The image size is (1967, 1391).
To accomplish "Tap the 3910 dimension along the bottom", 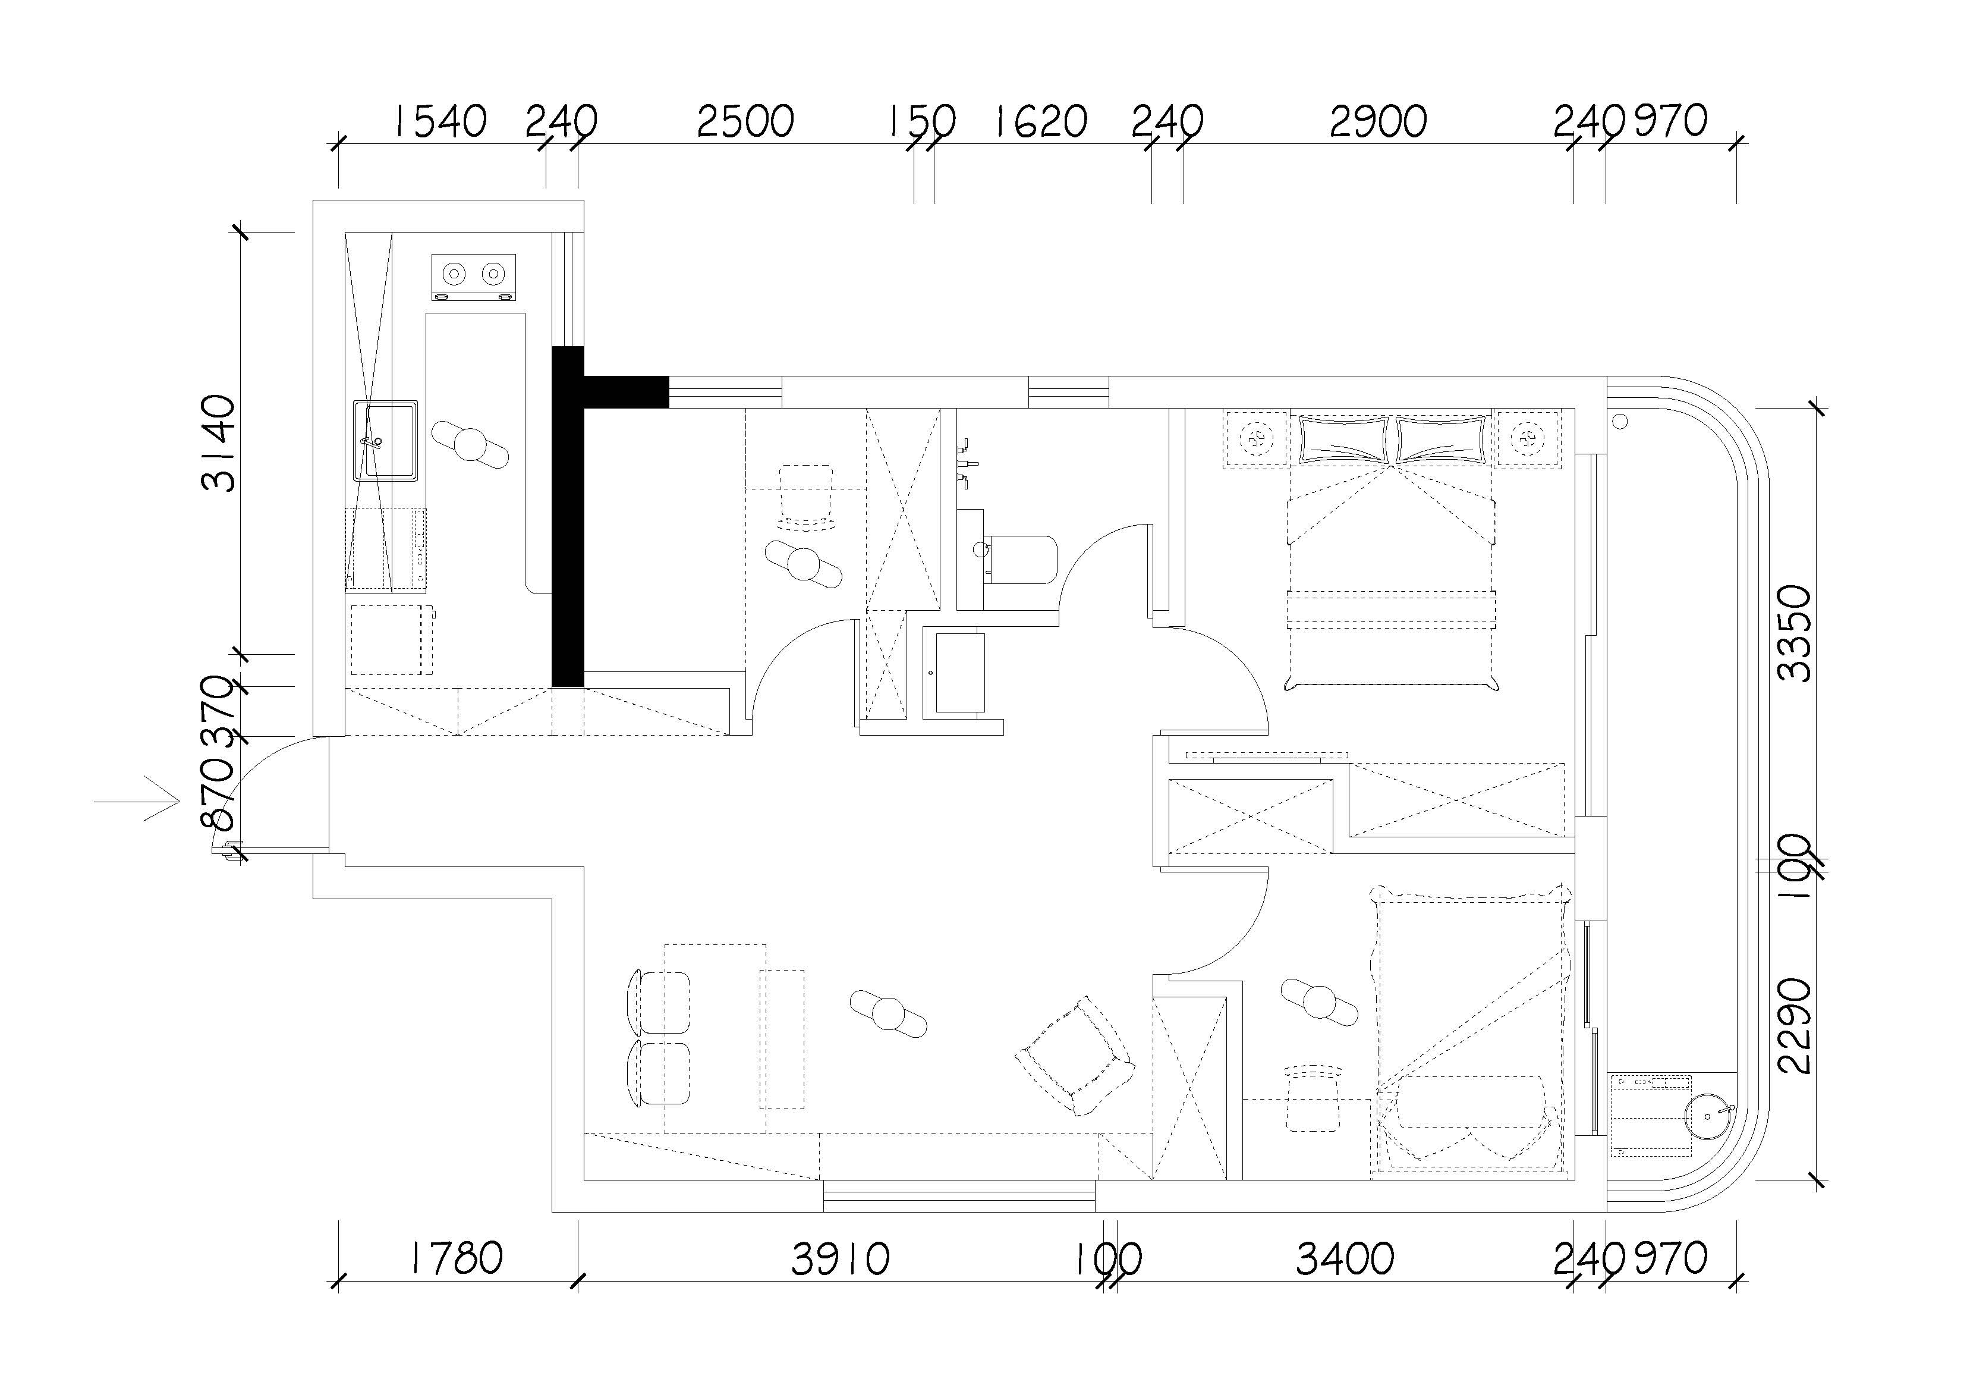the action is (x=841, y=1259).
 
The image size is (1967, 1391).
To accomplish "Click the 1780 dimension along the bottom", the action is (x=454, y=1258).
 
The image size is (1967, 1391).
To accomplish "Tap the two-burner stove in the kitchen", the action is (x=474, y=276).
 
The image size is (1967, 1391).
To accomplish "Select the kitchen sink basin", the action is (x=386, y=441).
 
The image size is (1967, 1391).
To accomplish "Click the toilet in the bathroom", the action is (x=1018, y=559).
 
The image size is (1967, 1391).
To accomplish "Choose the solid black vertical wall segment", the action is (x=567, y=516).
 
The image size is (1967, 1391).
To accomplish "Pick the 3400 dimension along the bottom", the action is (x=1345, y=1259).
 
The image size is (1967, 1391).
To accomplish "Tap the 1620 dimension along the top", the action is (x=1040, y=122).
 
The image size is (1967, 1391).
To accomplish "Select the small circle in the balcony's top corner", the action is (x=1620, y=421).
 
